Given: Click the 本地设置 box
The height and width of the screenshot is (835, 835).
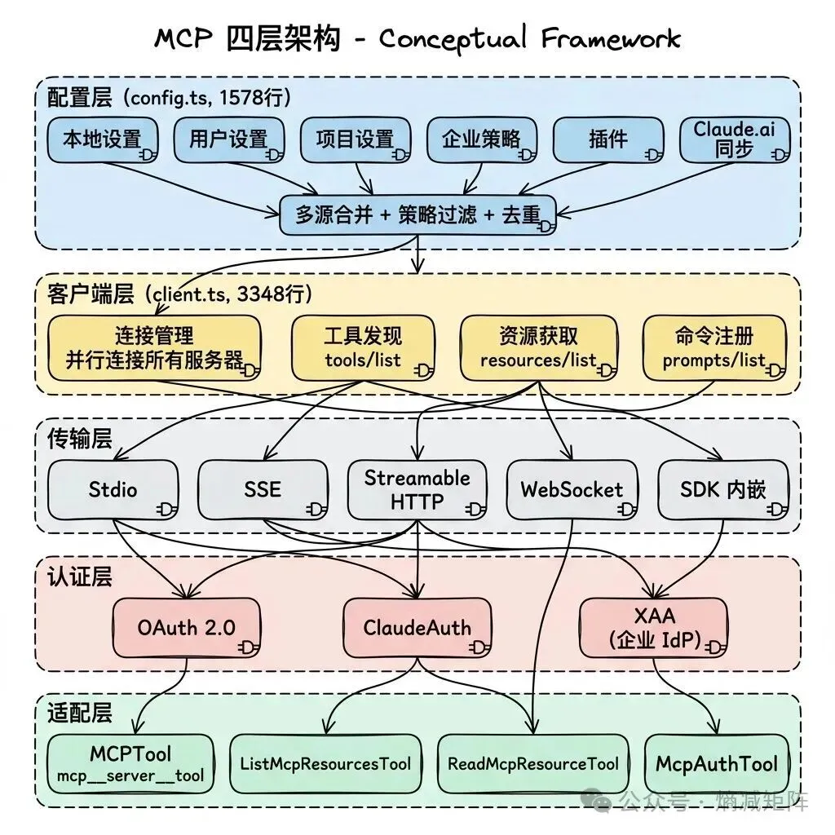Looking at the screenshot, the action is tap(102, 139).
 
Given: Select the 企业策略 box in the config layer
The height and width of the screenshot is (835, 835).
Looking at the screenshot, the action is tap(481, 139).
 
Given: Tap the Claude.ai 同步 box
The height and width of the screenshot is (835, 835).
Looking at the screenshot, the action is tap(735, 139).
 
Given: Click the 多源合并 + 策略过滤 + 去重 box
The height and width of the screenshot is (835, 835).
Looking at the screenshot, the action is tap(418, 214).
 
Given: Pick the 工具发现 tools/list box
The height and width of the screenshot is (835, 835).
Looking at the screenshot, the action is tap(363, 347).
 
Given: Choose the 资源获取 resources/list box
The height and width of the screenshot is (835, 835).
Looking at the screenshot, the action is tap(538, 347).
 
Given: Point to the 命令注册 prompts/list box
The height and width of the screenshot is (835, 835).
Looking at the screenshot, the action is tap(714, 347).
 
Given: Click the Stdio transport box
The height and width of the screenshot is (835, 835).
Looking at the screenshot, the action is tap(113, 489).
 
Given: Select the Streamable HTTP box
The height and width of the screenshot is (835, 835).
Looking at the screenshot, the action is tap(417, 489).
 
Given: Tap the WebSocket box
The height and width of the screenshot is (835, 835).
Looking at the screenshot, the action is tap(572, 489).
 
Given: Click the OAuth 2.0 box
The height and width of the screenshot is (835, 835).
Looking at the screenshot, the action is tap(187, 628).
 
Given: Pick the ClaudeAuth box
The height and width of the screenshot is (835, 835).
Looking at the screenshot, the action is tap(417, 628).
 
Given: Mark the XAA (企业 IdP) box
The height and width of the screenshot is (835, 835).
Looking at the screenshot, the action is tap(653, 628).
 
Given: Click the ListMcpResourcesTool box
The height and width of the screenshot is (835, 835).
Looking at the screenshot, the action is tap(325, 763).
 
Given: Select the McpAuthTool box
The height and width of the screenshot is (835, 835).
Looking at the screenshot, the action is tap(717, 763).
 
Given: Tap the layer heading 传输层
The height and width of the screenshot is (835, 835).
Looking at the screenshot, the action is tap(80, 439).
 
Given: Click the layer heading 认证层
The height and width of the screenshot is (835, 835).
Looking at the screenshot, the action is tap(80, 577).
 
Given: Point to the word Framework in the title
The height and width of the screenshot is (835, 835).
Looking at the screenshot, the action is tap(611, 38).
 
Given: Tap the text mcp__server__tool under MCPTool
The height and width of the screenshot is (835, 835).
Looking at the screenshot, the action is tap(130, 776).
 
